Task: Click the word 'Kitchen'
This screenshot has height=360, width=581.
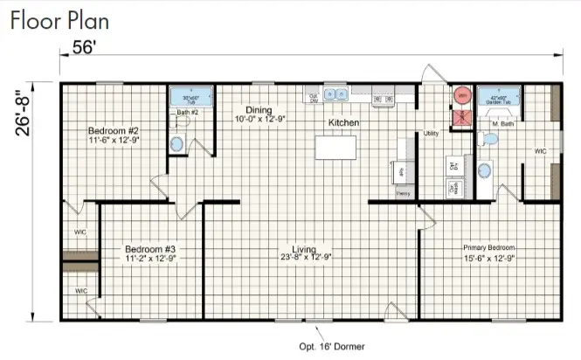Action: (x=343, y=123)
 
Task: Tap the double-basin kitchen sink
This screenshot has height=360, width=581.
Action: (x=336, y=93)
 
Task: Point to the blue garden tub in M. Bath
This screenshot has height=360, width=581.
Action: (x=499, y=95)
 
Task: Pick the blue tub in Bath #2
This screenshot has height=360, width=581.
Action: (x=184, y=96)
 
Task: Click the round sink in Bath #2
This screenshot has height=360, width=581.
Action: (x=177, y=144)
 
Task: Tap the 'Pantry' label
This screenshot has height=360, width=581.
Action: (x=403, y=193)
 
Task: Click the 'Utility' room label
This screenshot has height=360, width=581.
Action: (x=432, y=134)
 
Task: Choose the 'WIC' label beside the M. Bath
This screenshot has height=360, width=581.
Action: (x=541, y=151)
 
